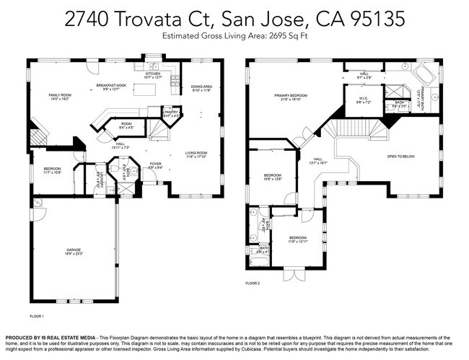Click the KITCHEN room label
click(153, 74)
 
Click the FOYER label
click(156, 164)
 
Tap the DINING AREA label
click(201, 87)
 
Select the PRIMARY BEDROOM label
click(291, 95)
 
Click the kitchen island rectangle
click(150, 90)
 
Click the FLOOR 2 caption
click(252, 284)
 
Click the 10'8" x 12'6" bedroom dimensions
click(272, 179)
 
